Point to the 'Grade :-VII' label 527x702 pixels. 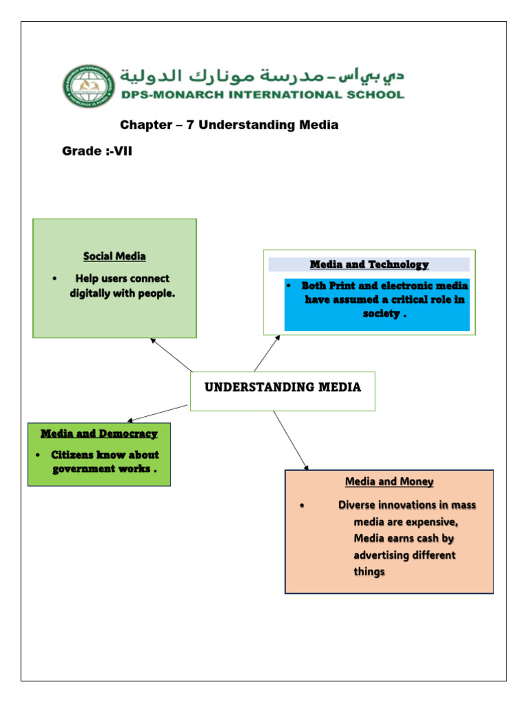(97, 151)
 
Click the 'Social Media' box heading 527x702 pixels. (115, 256)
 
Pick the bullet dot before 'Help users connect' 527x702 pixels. (54, 279)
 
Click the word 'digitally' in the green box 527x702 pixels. (93, 293)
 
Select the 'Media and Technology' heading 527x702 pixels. (369, 264)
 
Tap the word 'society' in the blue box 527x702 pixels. (381, 313)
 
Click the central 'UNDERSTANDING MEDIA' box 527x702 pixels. (282, 388)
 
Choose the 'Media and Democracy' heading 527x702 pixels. (99, 433)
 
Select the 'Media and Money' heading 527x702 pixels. (389, 482)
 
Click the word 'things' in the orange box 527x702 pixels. (369, 571)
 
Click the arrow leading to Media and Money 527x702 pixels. (290, 441)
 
